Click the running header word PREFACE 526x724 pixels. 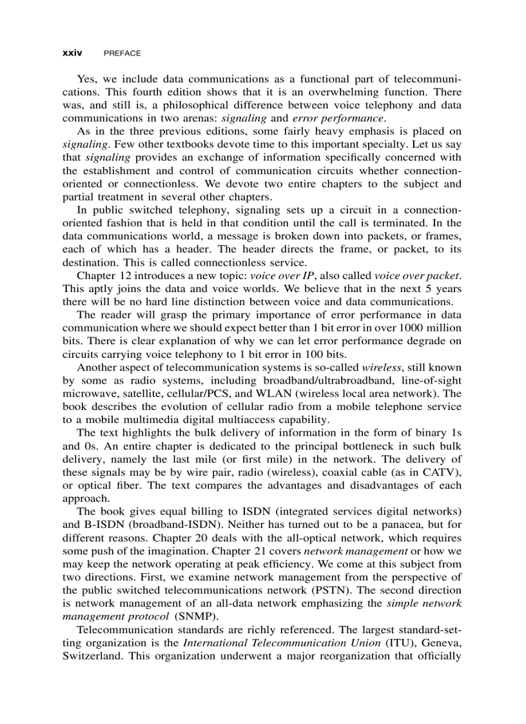click(122, 53)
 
